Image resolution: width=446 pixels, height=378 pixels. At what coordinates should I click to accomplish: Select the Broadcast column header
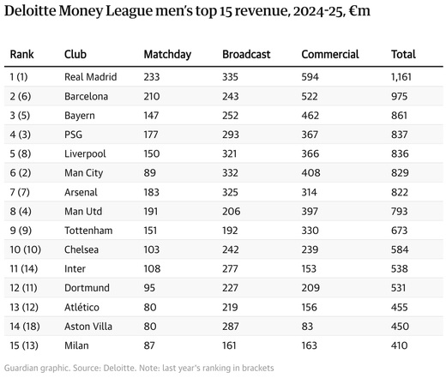pos(246,55)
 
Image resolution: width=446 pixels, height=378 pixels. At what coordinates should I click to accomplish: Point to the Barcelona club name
pos(86,96)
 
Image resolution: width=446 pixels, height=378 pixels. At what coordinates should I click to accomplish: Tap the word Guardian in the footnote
pos(24,368)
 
